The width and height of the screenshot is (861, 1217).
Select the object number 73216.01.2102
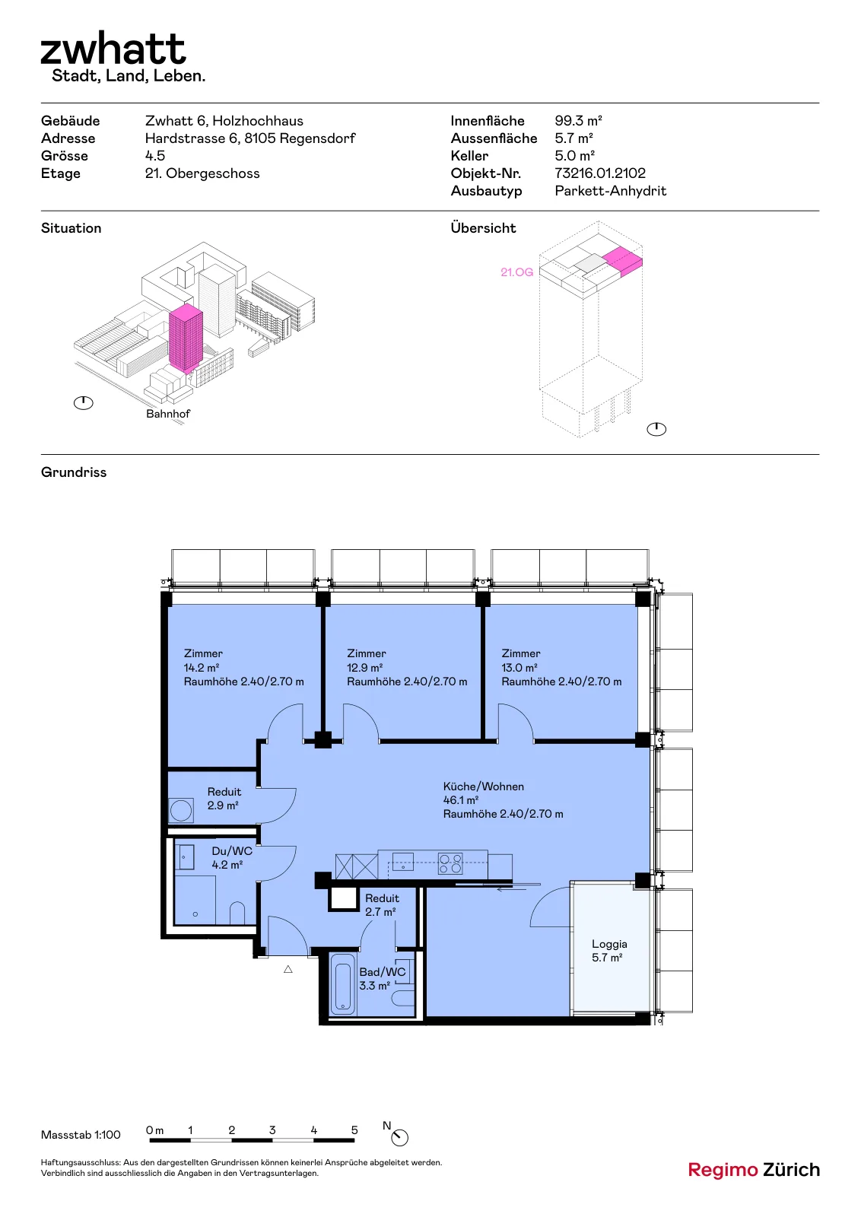click(x=599, y=173)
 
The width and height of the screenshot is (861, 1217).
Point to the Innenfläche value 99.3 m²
click(x=578, y=121)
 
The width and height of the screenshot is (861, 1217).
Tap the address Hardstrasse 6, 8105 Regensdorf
click(x=250, y=138)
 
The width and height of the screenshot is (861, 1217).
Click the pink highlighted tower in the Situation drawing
click(x=186, y=338)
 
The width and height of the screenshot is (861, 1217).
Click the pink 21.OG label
click(x=516, y=272)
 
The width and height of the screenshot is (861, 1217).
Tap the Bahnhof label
click(x=168, y=414)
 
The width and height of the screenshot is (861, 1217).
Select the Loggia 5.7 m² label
click(x=609, y=951)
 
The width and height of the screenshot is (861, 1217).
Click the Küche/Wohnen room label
click(x=484, y=786)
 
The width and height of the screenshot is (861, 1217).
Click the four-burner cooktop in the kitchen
click(x=450, y=863)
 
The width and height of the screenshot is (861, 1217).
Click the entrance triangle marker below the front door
click(x=288, y=969)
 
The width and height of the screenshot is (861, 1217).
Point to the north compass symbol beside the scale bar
click(x=399, y=1137)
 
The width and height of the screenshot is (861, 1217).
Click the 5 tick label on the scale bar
click(x=354, y=1130)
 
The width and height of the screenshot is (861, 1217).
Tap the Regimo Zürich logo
click(x=754, y=1170)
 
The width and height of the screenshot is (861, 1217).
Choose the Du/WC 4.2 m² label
click(x=232, y=857)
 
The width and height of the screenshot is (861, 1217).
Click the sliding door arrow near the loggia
click(x=512, y=889)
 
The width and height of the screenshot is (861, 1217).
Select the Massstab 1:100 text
click(x=81, y=1135)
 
